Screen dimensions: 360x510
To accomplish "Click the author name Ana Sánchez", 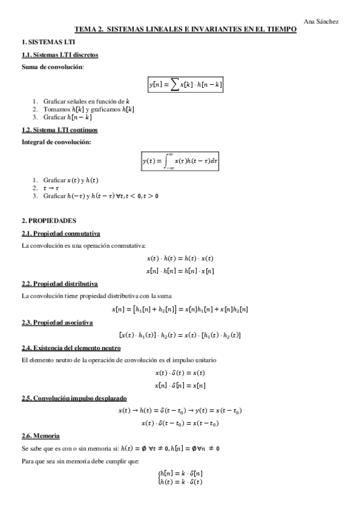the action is coord(321,22).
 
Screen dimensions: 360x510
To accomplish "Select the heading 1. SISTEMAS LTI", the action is coord(40,43).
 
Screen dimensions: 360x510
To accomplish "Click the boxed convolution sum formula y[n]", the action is coord(186,85).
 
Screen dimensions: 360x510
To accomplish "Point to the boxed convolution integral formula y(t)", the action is coord(180,161).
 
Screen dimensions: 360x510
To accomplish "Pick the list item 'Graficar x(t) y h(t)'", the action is coord(70,180).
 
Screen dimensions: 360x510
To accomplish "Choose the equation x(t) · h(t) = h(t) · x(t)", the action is coord(180,259).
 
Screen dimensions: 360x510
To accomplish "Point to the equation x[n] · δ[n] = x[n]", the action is coord(180,385).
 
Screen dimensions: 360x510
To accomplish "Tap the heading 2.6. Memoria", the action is coord(40,435).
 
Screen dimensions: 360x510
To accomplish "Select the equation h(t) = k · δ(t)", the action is coord(181,481).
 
